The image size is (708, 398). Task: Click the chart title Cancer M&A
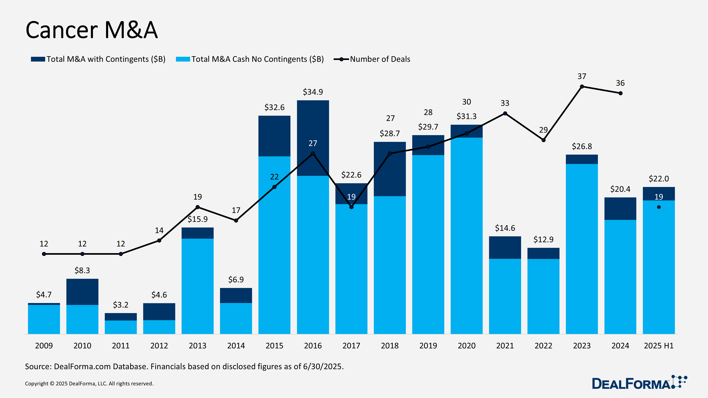click(92, 30)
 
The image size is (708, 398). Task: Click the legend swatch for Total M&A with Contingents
click(38, 59)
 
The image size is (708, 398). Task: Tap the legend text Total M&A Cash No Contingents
click(257, 59)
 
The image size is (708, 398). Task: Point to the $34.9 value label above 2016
click(313, 92)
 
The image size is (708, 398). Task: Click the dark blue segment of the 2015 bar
click(274, 136)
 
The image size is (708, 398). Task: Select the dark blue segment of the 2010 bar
click(82, 292)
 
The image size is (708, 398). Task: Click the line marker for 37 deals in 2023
click(582, 86)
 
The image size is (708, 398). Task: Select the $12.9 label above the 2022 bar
click(543, 240)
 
